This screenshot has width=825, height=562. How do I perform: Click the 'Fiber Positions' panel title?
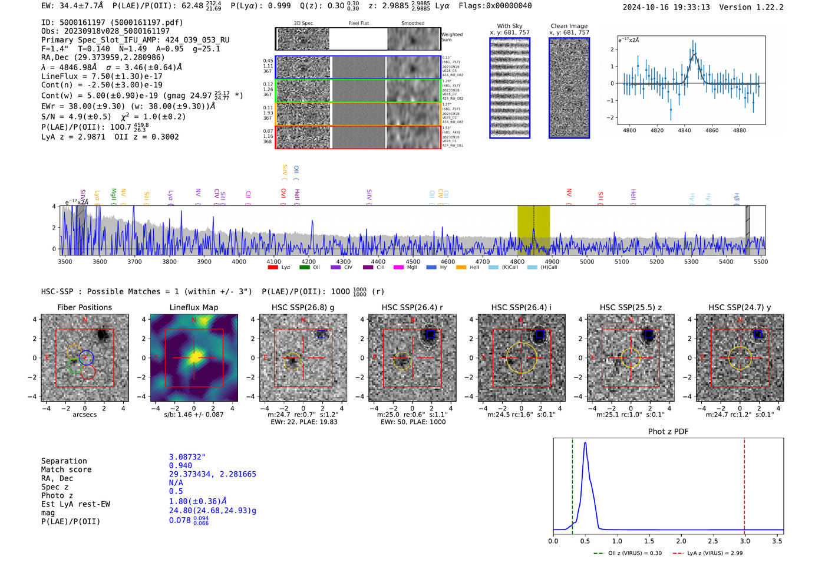(84, 307)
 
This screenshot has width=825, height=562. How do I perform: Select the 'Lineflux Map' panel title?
(193, 307)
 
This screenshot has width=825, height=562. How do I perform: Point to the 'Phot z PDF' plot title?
(668, 431)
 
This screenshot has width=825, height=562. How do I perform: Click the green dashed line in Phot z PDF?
(572, 484)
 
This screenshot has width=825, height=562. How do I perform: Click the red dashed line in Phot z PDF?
(744, 484)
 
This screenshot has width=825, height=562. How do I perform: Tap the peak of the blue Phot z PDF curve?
(585, 443)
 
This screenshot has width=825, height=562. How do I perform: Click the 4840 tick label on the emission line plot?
(684, 130)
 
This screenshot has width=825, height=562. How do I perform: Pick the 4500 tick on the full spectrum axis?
(413, 261)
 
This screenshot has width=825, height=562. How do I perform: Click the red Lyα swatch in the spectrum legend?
(273, 267)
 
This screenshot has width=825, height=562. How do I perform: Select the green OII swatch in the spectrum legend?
(304, 267)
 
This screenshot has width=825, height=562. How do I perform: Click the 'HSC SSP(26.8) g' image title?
(303, 307)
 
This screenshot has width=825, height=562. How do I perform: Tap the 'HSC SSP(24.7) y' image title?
(740, 307)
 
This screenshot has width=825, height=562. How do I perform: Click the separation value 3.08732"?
(187, 457)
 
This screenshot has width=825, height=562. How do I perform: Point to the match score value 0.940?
(180, 465)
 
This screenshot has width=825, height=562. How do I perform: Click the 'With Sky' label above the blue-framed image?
(510, 26)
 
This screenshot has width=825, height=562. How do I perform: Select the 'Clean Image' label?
(569, 26)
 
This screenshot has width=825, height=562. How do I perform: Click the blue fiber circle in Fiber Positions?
(87, 357)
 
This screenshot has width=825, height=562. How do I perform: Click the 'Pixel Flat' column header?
(358, 24)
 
